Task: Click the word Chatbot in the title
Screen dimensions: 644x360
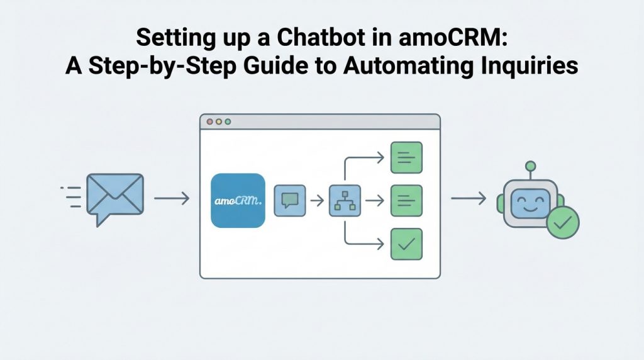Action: click(321, 37)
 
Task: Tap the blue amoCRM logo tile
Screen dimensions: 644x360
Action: click(238, 201)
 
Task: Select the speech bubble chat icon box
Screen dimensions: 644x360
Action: click(290, 201)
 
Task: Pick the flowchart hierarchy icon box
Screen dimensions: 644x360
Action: click(345, 201)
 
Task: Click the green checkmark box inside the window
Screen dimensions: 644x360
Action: click(407, 244)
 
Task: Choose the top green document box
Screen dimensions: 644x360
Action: click(407, 157)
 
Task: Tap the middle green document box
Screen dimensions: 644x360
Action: click(407, 201)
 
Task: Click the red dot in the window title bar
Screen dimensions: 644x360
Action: click(210, 121)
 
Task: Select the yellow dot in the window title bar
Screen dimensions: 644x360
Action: click(219, 121)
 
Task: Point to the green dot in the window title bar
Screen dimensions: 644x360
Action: click(228, 121)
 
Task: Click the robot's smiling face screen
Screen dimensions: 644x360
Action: click(530, 203)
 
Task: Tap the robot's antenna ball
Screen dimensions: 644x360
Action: click(531, 166)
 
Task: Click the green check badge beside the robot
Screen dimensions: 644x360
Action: click(563, 223)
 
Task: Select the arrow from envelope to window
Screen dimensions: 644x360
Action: click(172, 198)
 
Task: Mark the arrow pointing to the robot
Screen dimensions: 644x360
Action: click(469, 198)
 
